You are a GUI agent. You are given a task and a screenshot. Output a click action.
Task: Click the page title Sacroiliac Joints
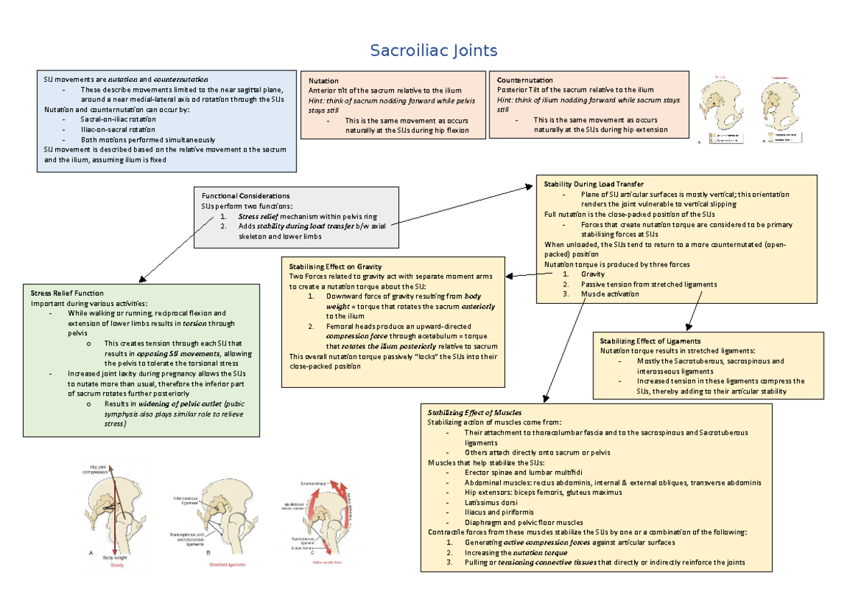point(433,51)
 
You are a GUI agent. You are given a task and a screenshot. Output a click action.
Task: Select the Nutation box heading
point(324,81)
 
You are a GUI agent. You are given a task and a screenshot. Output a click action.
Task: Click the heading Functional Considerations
point(245,195)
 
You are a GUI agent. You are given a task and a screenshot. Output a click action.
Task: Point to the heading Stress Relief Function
point(67,293)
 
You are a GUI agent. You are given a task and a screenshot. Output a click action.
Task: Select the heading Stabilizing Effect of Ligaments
point(650,340)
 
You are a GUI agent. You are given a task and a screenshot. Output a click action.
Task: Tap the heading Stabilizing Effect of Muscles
point(474,412)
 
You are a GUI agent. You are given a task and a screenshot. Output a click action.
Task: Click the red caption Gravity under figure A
point(117,566)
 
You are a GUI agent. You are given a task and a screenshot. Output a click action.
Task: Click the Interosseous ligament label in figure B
point(186,500)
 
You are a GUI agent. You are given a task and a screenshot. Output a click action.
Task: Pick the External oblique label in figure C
point(314,483)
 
